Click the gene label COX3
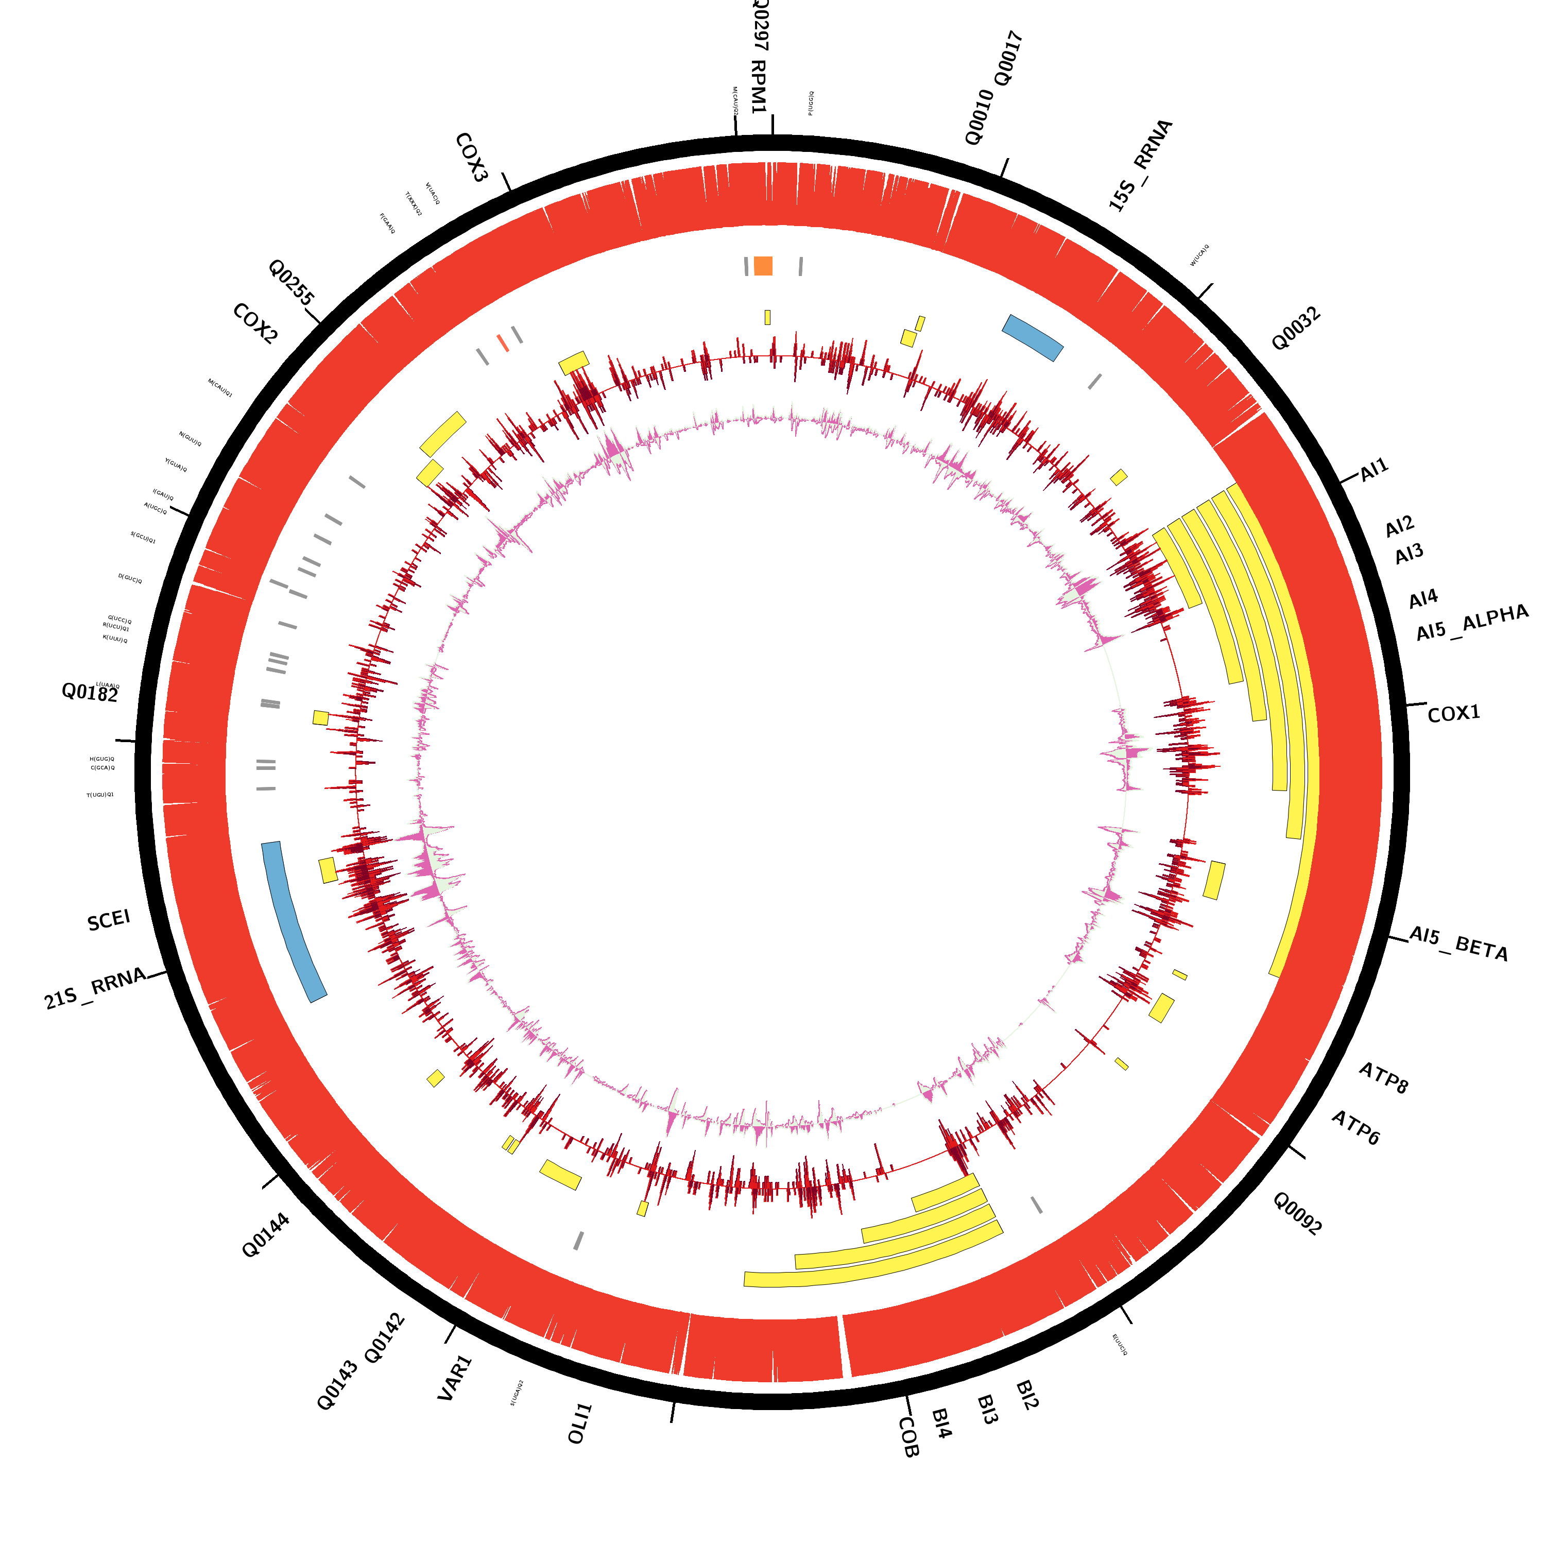(x=471, y=158)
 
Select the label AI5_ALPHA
(x=1471, y=623)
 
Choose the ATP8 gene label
(x=1383, y=1078)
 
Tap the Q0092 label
(x=1297, y=1213)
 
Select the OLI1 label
(x=580, y=1423)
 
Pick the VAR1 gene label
(x=455, y=1378)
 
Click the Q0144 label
(x=266, y=1235)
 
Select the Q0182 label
(x=90, y=693)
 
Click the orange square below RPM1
(x=763, y=266)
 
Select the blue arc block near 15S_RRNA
(x=1033, y=337)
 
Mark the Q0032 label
(x=1296, y=329)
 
